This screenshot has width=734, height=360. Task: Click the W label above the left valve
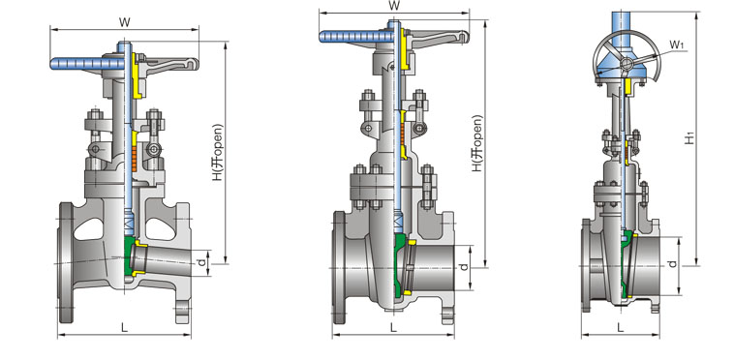coord(124,21)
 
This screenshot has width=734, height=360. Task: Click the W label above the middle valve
coord(394,6)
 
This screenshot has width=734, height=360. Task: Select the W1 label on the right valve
coord(677,45)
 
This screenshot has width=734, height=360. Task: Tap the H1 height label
coord(689,138)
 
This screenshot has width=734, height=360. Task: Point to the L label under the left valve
coord(125,328)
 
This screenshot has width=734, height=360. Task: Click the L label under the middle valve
coord(393,328)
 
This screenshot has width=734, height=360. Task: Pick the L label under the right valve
coord(621,328)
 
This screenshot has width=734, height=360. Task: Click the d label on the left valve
coord(201,263)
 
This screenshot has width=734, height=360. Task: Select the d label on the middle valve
coord(464,267)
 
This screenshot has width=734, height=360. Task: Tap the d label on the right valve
coord(672,264)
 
